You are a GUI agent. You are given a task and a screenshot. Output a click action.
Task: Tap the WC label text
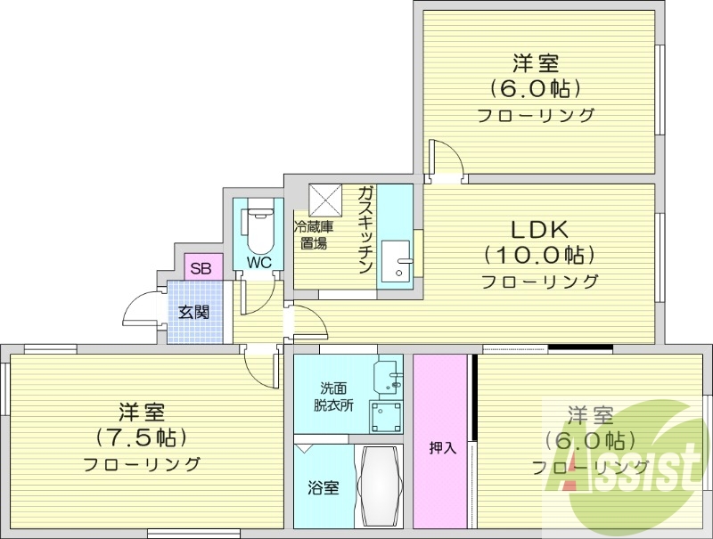click(258, 263)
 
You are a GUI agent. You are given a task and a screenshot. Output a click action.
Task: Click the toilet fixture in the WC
click(258, 231)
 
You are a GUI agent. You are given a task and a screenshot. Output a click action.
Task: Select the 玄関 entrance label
click(193, 312)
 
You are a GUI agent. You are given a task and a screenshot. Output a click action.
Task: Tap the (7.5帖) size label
click(142, 437)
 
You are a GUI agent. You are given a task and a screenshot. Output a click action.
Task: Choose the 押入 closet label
click(442, 448)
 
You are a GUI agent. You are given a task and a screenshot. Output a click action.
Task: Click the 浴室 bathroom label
click(324, 488)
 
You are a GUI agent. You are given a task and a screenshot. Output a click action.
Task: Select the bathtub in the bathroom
click(380, 487)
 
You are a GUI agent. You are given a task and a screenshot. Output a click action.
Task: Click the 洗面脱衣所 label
click(332, 396)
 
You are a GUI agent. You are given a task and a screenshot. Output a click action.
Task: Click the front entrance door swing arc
click(143, 310)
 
